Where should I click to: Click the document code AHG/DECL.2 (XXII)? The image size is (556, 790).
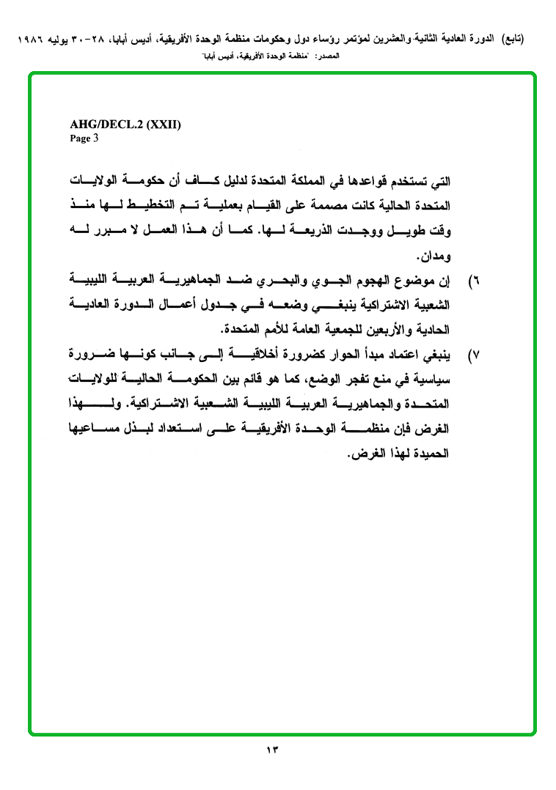click(x=125, y=125)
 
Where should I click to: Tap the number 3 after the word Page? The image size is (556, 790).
click(x=95, y=137)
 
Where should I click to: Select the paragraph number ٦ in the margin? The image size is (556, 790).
click(x=473, y=282)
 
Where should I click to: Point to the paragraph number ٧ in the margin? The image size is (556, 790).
click(x=473, y=356)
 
